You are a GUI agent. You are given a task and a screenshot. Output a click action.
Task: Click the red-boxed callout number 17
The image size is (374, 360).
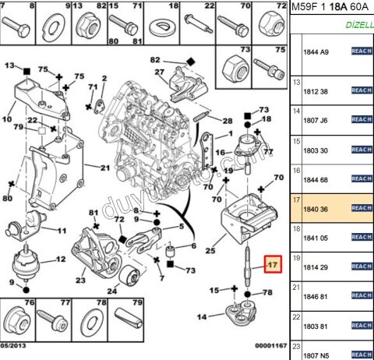click(273, 264)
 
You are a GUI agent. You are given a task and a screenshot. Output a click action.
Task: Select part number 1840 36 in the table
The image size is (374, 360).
click(315, 208)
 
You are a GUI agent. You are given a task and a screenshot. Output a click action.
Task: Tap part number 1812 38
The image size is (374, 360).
click(315, 91)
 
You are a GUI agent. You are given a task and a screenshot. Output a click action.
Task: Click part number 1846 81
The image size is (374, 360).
click(315, 296)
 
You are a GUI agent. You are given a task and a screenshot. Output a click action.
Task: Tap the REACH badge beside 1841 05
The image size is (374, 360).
click(362, 237)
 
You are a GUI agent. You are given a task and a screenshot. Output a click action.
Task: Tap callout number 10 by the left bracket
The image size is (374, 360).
click(7, 120)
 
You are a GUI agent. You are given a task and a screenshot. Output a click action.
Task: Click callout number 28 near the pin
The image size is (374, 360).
click(227, 121)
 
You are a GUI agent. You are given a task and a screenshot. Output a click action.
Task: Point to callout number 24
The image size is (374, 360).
click(112, 292)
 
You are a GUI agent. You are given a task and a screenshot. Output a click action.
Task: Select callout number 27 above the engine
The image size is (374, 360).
click(160, 72)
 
